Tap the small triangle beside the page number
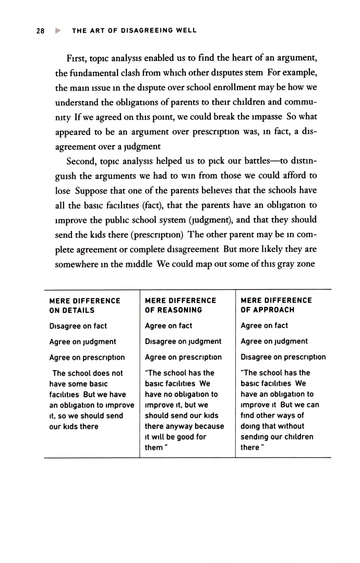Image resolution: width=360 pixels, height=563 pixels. [x=52, y=30]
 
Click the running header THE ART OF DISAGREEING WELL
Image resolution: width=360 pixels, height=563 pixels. [x=134, y=30]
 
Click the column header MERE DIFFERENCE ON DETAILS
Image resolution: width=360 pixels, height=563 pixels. [x=85, y=305]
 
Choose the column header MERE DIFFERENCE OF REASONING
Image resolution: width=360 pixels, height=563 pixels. [x=180, y=305]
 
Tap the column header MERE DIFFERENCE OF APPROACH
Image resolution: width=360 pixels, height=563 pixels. [x=276, y=305]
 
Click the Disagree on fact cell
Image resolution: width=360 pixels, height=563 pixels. [x=78, y=326]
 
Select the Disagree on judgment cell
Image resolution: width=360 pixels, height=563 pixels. [x=183, y=341]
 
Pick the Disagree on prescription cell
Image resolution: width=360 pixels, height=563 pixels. [x=283, y=357]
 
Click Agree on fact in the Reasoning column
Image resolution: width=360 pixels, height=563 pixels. [x=168, y=326]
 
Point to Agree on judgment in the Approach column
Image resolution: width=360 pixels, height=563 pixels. [x=274, y=341]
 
